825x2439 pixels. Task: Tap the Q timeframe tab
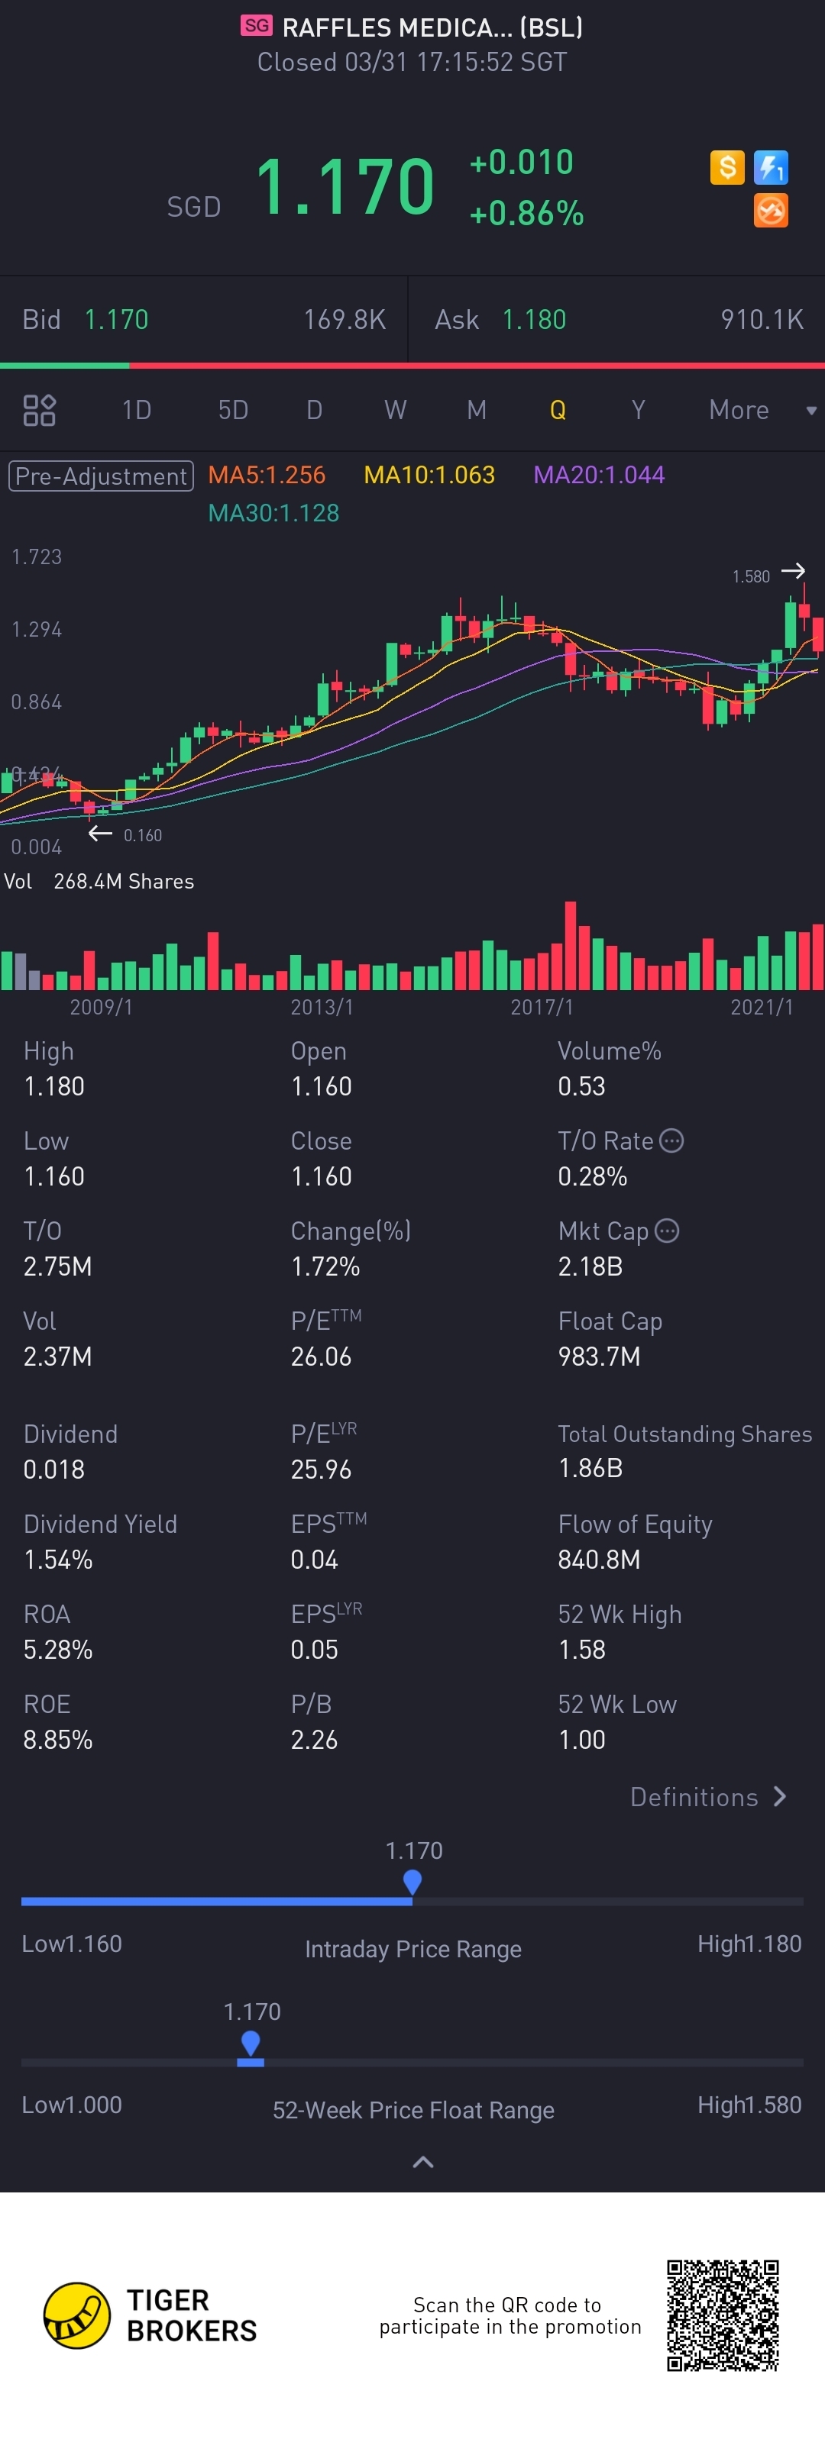557,410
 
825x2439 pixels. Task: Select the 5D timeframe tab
233,410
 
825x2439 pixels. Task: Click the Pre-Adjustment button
102,476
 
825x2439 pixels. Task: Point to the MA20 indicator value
599,474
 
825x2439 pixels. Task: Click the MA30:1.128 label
273,513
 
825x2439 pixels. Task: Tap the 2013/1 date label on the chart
322,1006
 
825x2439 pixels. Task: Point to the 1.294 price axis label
37,630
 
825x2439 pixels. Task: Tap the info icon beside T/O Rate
671,1141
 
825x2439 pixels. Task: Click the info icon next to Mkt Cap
668,1231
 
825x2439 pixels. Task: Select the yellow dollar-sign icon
727,168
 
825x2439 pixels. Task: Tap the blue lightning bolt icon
771,168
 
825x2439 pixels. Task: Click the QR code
723,2315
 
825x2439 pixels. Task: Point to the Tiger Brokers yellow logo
76,2315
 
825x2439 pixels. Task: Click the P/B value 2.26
315,1739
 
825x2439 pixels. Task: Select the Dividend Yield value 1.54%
58,1560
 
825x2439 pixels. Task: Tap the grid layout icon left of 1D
39,410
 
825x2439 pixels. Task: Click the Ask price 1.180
534,320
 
